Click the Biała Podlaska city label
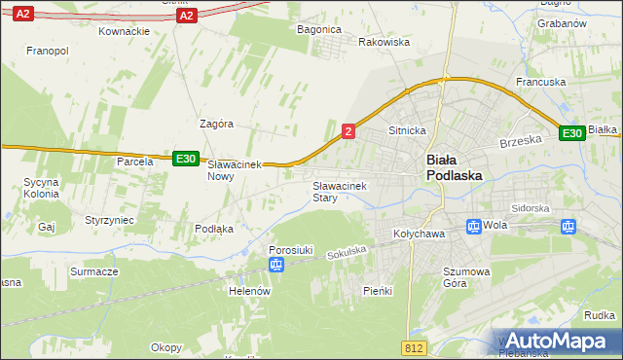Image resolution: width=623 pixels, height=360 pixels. point(455,167)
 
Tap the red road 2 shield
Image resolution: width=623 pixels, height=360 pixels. point(348,129)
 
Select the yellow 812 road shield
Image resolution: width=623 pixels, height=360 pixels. point(413,347)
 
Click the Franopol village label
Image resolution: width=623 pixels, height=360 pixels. point(47,50)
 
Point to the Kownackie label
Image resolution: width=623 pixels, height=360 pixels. point(125,31)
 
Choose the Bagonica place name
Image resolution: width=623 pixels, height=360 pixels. point(318,29)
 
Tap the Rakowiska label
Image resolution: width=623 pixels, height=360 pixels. point(384,43)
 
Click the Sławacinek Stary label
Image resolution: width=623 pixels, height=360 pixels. point(338,191)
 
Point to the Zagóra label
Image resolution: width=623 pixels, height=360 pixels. point(216,124)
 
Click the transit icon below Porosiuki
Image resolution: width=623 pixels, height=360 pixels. point(276,265)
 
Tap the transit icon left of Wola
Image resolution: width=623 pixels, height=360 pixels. point(473,227)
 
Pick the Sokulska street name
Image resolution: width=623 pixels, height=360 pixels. point(347,252)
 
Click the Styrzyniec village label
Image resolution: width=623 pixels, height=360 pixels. point(109,221)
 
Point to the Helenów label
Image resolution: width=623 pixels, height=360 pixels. point(248,291)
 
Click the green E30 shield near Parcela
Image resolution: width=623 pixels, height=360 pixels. point(186,159)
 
